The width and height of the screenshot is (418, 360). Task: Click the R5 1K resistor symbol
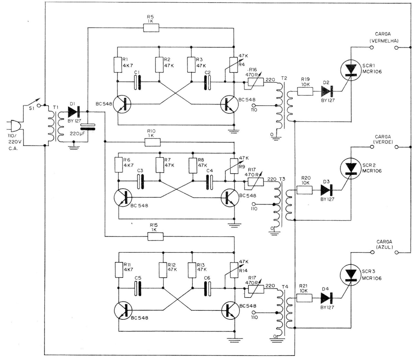click(x=151, y=28)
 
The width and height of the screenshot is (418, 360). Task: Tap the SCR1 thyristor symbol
click(x=351, y=70)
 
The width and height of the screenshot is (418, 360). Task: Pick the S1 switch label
click(x=32, y=109)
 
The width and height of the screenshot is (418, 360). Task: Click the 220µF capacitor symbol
click(x=88, y=127)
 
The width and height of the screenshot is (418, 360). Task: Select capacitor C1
click(x=137, y=82)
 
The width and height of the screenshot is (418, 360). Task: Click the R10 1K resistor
click(x=153, y=142)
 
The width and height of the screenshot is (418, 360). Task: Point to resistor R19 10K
click(x=305, y=91)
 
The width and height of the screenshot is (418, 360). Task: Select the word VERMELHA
click(x=384, y=41)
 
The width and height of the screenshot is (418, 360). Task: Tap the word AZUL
click(x=385, y=247)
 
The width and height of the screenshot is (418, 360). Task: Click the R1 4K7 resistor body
click(x=118, y=65)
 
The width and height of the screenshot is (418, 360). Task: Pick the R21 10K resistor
click(x=304, y=298)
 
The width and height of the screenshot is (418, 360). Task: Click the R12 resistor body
click(x=163, y=270)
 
